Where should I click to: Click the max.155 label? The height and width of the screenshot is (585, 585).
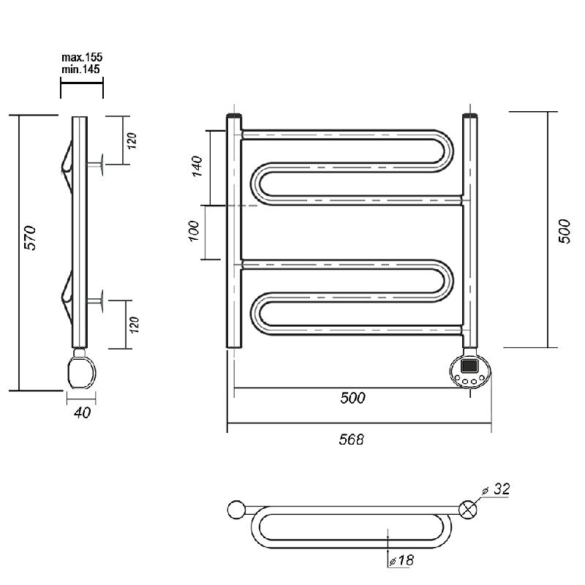(x=82, y=57)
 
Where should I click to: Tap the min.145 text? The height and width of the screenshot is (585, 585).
(x=81, y=69)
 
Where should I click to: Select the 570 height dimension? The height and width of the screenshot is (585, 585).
(x=30, y=238)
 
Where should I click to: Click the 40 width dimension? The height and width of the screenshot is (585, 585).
(x=82, y=412)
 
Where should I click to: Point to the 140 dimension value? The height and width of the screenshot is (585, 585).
(x=197, y=166)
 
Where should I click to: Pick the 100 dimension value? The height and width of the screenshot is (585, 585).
(x=195, y=231)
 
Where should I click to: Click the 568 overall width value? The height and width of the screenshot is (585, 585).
(x=351, y=439)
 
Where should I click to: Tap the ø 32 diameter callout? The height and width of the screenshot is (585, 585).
(x=497, y=488)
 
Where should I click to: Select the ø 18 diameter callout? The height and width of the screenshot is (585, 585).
(x=401, y=560)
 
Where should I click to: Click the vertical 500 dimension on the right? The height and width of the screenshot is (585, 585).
(x=565, y=231)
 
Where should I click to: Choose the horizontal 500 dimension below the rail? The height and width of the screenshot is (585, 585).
(x=352, y=398)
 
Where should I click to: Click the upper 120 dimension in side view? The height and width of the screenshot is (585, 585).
(x=132, y=140)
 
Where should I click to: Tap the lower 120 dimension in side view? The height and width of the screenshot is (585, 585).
(x=134, y=325)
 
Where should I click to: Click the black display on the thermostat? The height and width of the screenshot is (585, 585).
(x=469, y=365)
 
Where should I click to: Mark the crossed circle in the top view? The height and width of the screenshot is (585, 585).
(x=468, y=510)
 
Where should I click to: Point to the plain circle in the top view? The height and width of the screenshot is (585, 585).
(x=236, y=510)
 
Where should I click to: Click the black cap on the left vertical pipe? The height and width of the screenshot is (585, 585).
(x=234, y=116)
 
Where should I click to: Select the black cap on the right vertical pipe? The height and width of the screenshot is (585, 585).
(x=470, y=116)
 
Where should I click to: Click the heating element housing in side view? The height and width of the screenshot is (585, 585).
(x=82, y=371)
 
